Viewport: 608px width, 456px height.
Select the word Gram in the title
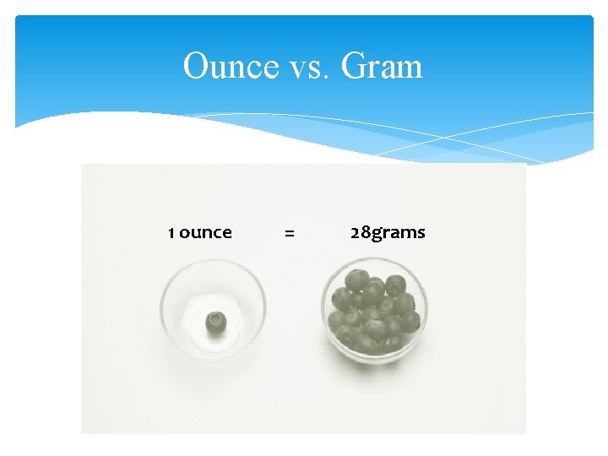tap(382, 66)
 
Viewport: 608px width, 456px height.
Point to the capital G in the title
tap(353, 66)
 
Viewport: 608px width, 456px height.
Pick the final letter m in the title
tap(410, 69)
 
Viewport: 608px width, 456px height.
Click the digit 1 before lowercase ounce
tap(171, 232)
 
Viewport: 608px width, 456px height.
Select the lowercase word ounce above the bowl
tap(205, 233)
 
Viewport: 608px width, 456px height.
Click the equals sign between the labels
tap(290, 233)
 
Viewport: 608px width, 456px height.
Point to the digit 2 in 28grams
tap(356, 232)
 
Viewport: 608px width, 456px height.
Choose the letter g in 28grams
tap(376, 235)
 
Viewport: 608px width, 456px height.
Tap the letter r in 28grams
tap(385, 233)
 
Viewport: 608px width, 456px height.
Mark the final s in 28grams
tap(421, 233)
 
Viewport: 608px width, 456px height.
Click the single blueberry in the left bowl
tap(216, 322)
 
